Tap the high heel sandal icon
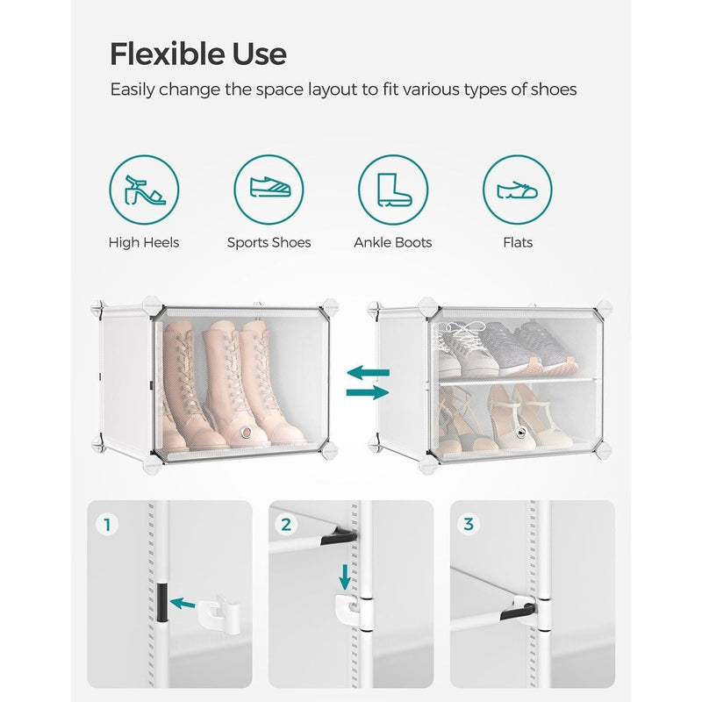[x=144, y=190]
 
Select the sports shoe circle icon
[x=269, y=190]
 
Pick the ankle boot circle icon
[x=391, y=190]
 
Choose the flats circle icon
[x=518, y=190]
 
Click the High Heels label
[x=144, y=242]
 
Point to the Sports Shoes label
[x=269, y=242]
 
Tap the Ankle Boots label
[x=392, y=242]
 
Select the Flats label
[x=518, y=242]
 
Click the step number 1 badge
[x=108, y=525]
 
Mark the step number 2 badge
[x=286, y=525]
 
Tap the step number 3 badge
[x=468, y=525]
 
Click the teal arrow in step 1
[x=183, y=603]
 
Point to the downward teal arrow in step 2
[x=345, y=577]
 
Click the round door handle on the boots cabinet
[x=248, y=431]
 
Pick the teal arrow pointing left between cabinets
[x=367, y=373]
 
